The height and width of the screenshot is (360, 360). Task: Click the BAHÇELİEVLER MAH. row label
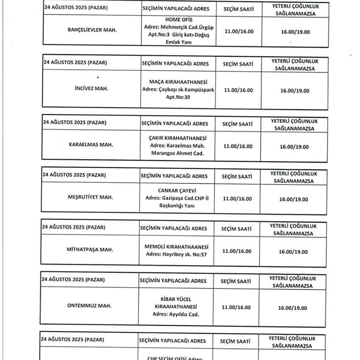click(92, 30)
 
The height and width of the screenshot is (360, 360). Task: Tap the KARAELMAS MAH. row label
click(91, 145)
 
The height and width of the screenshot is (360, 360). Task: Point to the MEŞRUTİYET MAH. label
click(90, 197)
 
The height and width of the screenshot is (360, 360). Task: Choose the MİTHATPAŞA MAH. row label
click(90, 249)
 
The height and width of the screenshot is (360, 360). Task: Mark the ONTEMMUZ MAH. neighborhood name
click(89, 306)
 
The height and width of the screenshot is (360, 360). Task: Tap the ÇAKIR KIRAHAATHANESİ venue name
click(177, 138)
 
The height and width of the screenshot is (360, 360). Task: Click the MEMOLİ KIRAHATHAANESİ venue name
click(176, 246)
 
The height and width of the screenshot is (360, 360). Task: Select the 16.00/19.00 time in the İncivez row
click(295, 91)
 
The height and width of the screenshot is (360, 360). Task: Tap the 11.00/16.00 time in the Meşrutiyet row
click(237, 199)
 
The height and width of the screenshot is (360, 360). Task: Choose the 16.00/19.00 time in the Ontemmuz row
click(293, 308)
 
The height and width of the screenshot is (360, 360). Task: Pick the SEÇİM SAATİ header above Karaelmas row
click(238, 124)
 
